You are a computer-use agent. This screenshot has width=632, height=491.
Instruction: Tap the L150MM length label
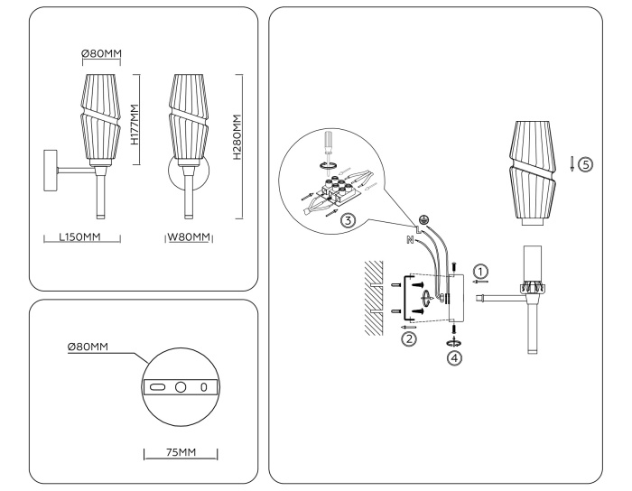pyautogui.click(x=77, y=238)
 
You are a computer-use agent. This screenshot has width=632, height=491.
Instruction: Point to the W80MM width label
pyautogui.click(x=189, y=238)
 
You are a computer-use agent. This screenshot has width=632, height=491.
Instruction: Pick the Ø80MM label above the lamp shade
pyautogui.click(x=101, y=54)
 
